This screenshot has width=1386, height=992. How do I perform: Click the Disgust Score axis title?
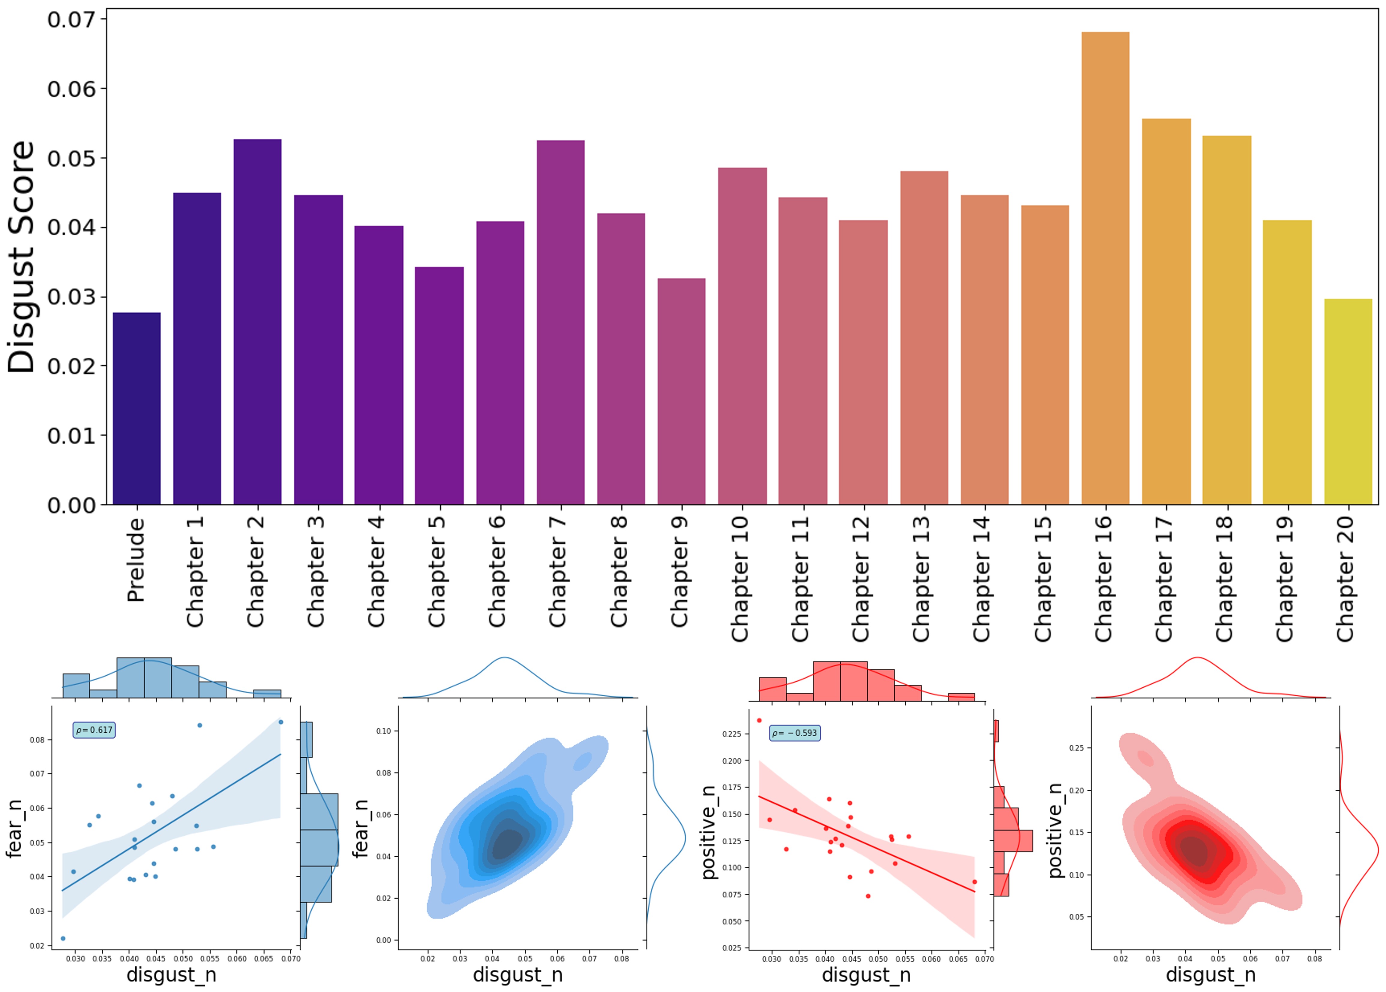21,257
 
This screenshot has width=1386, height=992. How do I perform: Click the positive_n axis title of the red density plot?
1055,831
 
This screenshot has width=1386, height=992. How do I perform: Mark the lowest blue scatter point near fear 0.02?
63,938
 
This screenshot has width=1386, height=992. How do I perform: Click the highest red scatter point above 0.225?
759,720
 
